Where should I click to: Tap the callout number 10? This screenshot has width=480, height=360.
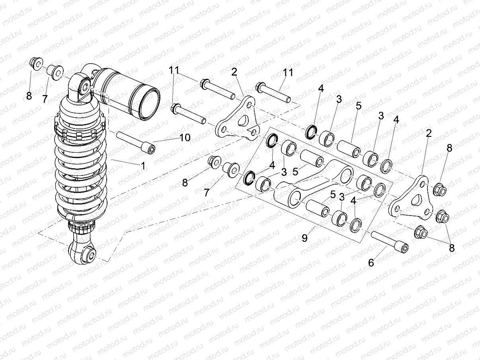tap(184, 138)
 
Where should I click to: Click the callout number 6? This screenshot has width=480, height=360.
tap(371, 263)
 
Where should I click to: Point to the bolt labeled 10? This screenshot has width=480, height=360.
tap(136, 143)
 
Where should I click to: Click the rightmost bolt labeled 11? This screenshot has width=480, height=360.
tap(274, 92)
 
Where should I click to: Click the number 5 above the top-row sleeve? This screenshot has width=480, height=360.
tap(358, 106)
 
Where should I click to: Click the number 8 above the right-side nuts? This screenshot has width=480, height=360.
tap(449, 148)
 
